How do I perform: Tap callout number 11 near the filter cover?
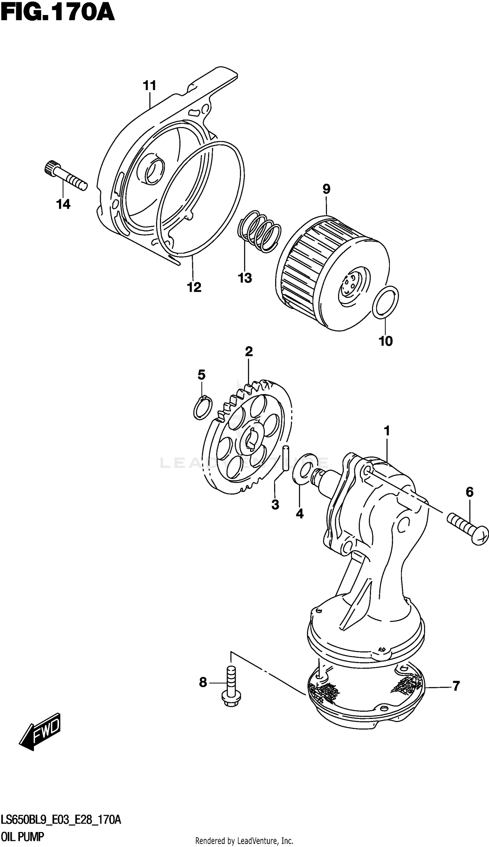tap(150, 86)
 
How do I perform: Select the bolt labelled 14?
tap(66, 176)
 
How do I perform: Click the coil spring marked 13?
tap(259, 231)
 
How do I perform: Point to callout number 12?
tap(194, 287)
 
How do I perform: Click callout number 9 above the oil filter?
tap(326, 189)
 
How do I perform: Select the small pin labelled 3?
tap(286, 458)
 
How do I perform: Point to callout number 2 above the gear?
tap(248, 352)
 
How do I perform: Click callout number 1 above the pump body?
tap(387, 431)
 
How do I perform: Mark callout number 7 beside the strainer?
tap(456, 686)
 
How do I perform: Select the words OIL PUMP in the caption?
tap(22, 837)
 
